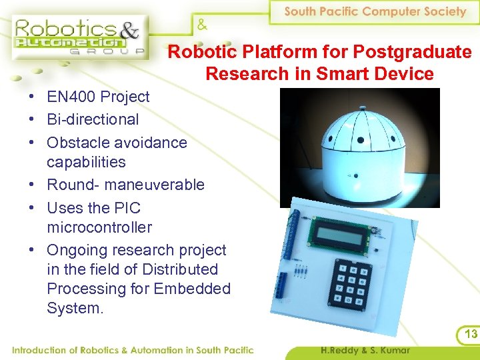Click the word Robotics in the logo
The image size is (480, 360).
coord(55,29)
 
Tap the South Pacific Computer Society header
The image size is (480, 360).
coord(375,11)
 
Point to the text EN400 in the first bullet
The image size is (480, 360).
coord(70,97)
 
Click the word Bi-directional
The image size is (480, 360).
coord(93,119)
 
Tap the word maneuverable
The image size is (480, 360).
coord(162,184)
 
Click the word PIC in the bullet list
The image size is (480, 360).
coord(127,207)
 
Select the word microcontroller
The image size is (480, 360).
coord(99,227)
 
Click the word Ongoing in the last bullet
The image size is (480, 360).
coord(77,250)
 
